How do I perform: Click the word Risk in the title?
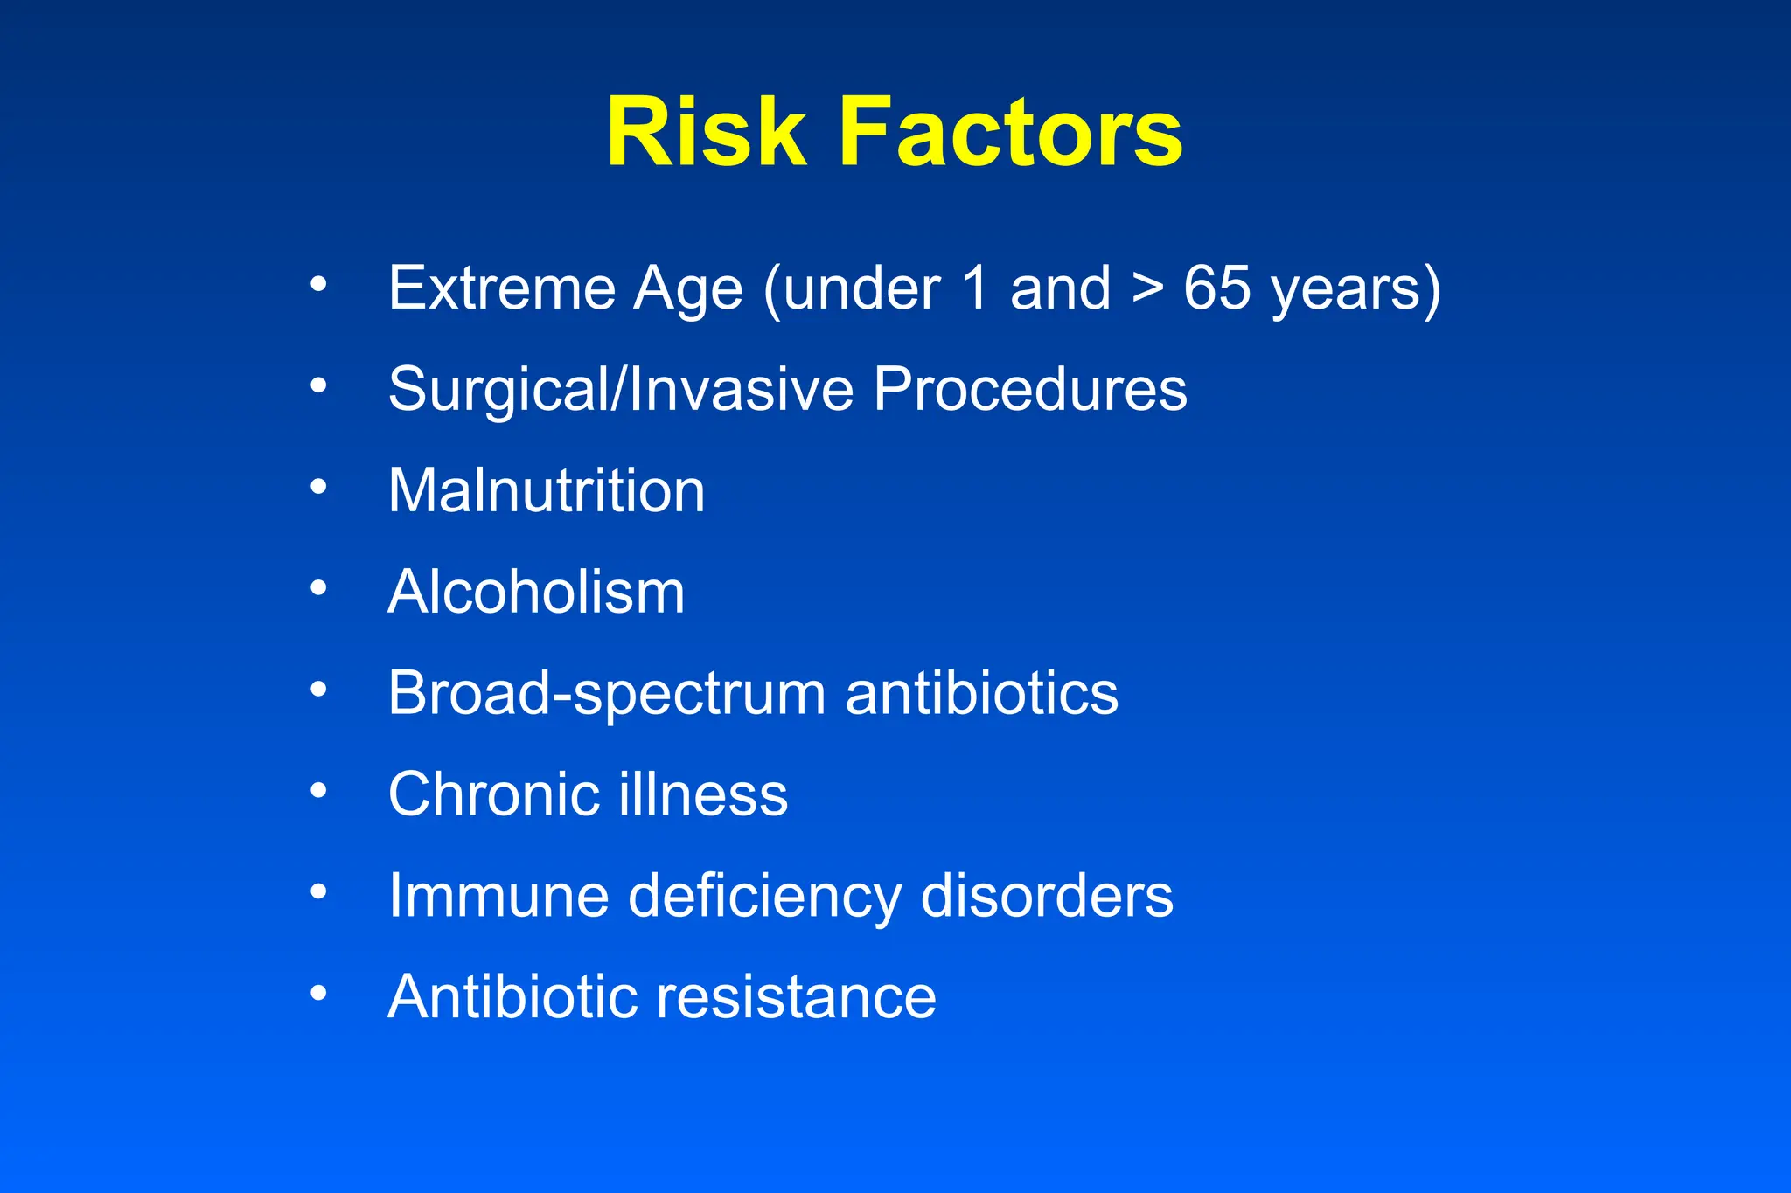pos(705,133)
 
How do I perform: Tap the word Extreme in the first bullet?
pos(502,288)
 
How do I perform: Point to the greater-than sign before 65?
pos(1146,288)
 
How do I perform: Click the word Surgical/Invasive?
pos(620,390)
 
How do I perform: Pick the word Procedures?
pos(1029,390)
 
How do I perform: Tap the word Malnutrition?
pos(546,490)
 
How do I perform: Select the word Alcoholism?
pos(536,593)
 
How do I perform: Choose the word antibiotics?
pos(981,694)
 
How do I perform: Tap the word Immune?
pos(498,896)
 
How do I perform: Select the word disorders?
pos(1047,896)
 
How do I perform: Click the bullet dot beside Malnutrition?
pos(318,486)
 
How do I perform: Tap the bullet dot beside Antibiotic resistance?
pos(318,993)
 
